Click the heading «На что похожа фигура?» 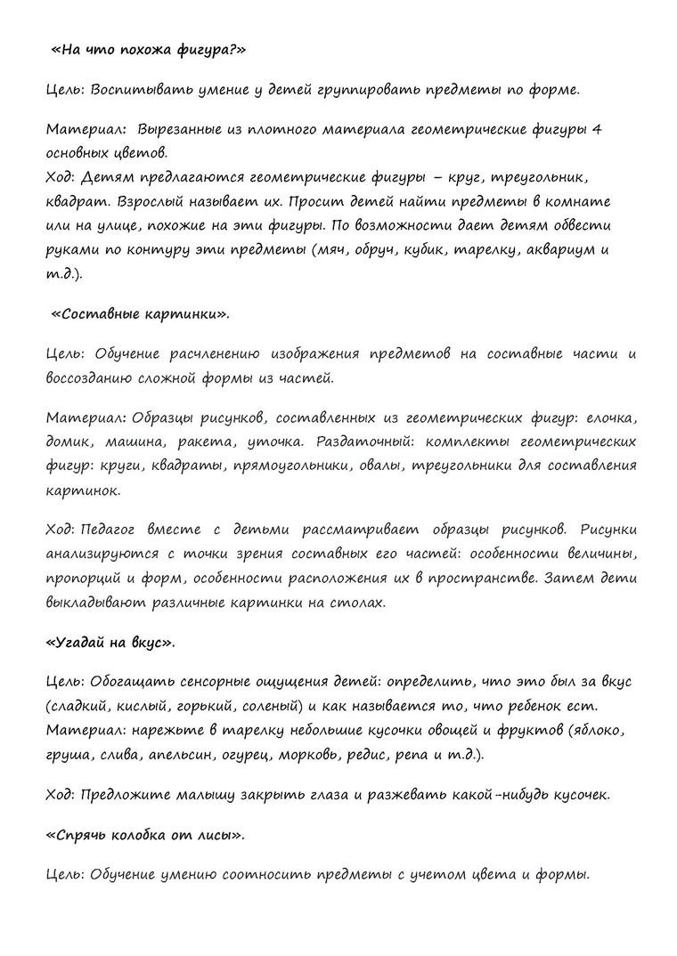[x=147, y=50]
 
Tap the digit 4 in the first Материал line [x=596, y=130]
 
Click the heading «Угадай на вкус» [x=109, y=642]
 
